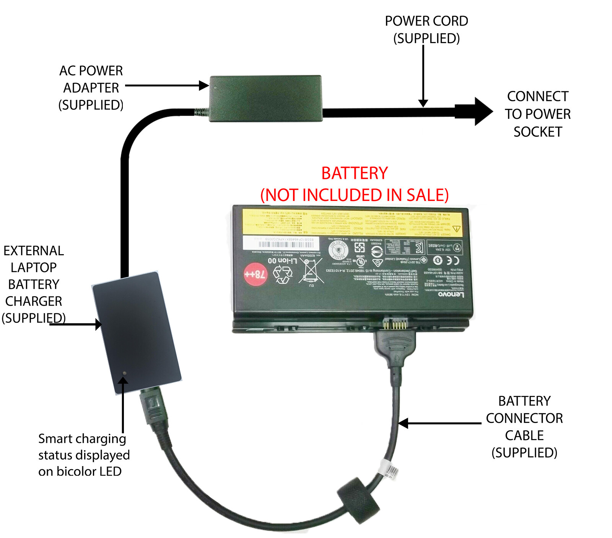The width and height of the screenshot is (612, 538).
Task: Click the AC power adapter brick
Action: click(x=265, y=98)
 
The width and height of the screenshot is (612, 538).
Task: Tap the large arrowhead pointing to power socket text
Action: click(x=483, y=112)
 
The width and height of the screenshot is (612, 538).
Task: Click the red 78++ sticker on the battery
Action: click(x=255, y=274)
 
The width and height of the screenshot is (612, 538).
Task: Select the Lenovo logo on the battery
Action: click(x=451, y=295)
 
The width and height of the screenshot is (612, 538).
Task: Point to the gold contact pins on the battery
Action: click(x=394, y=325)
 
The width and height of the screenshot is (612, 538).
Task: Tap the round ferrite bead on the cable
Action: click(x=358, y=500)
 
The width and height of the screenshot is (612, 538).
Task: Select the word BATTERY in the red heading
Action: click(x=355, y=173)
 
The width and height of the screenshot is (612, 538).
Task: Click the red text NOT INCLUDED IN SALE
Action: click(x=355, y=195)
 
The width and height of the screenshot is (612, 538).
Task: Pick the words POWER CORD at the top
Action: click(x=426, y=21)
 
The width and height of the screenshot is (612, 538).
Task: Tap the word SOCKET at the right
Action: click(x=537, y=132)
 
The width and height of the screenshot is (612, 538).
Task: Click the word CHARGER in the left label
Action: click(x=34, y=301)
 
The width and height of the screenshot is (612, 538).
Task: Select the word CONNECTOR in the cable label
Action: click(x=524, y=418)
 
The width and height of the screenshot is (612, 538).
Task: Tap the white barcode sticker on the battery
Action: click(x=278, y=243)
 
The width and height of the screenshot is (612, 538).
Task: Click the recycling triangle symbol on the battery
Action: click(x=283, y=274)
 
